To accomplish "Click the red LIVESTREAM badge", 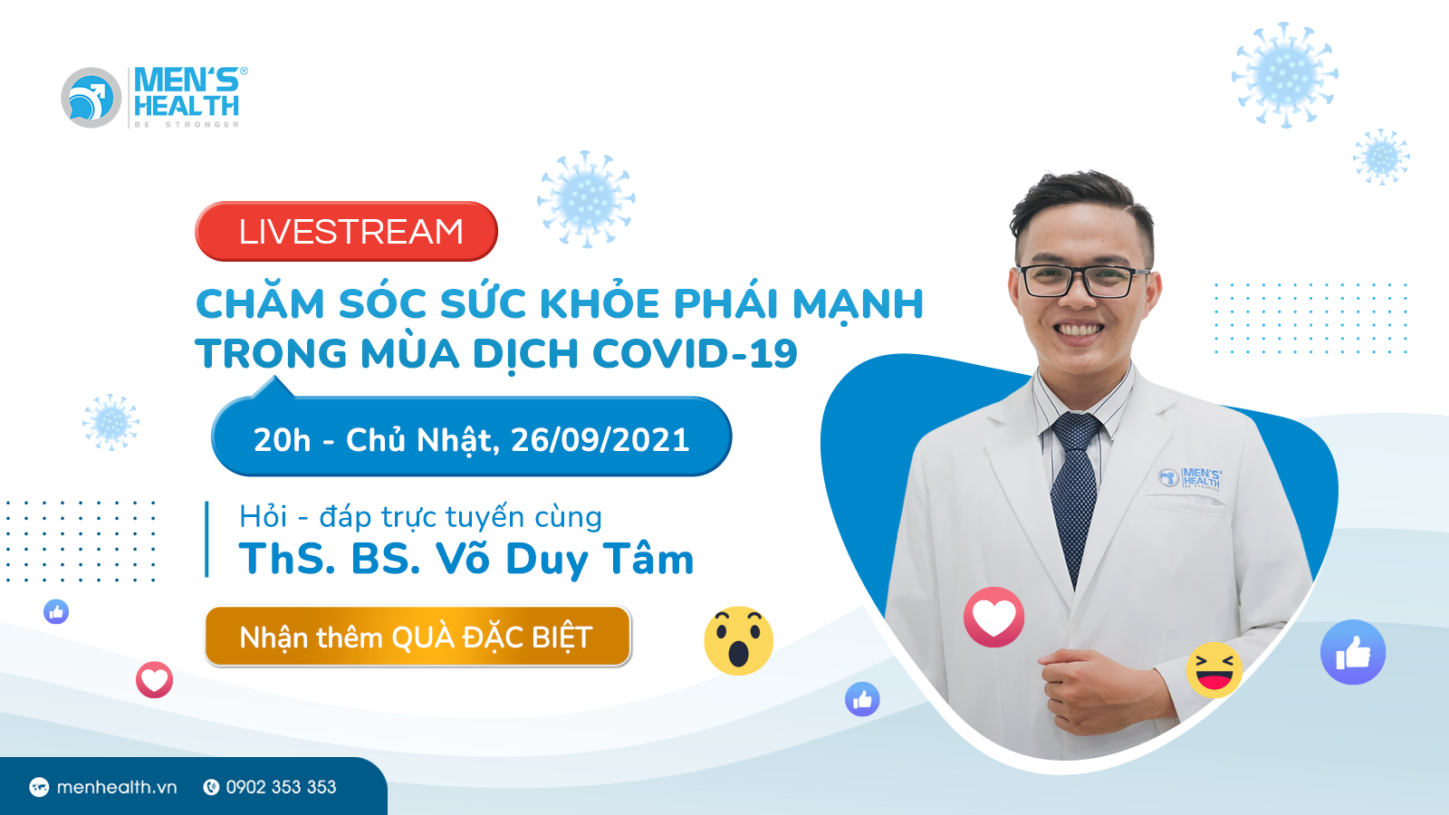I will (x=346, y=232).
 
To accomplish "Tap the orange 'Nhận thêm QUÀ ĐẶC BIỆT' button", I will (x=417, y=637).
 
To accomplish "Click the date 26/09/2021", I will (x=600, y=440).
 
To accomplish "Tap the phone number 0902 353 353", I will (x=281, y=787).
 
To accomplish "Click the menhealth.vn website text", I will (x=117, y=787).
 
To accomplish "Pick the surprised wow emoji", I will (x=738, y=641).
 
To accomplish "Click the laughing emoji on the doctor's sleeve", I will (x=1214, y=670).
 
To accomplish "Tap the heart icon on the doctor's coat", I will (x=993, y=618).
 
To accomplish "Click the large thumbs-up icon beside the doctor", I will (x=1352, y=652).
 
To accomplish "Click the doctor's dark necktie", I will (x=1075, y=489).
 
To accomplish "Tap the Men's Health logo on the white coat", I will (x=1192, y=477).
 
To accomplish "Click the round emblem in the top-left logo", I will (x=91, y=98).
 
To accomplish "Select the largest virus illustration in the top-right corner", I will (x=1284, y=75).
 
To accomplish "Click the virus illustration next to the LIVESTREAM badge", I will (x=586, y=199).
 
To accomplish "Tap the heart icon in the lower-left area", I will (x=154, y=679).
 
